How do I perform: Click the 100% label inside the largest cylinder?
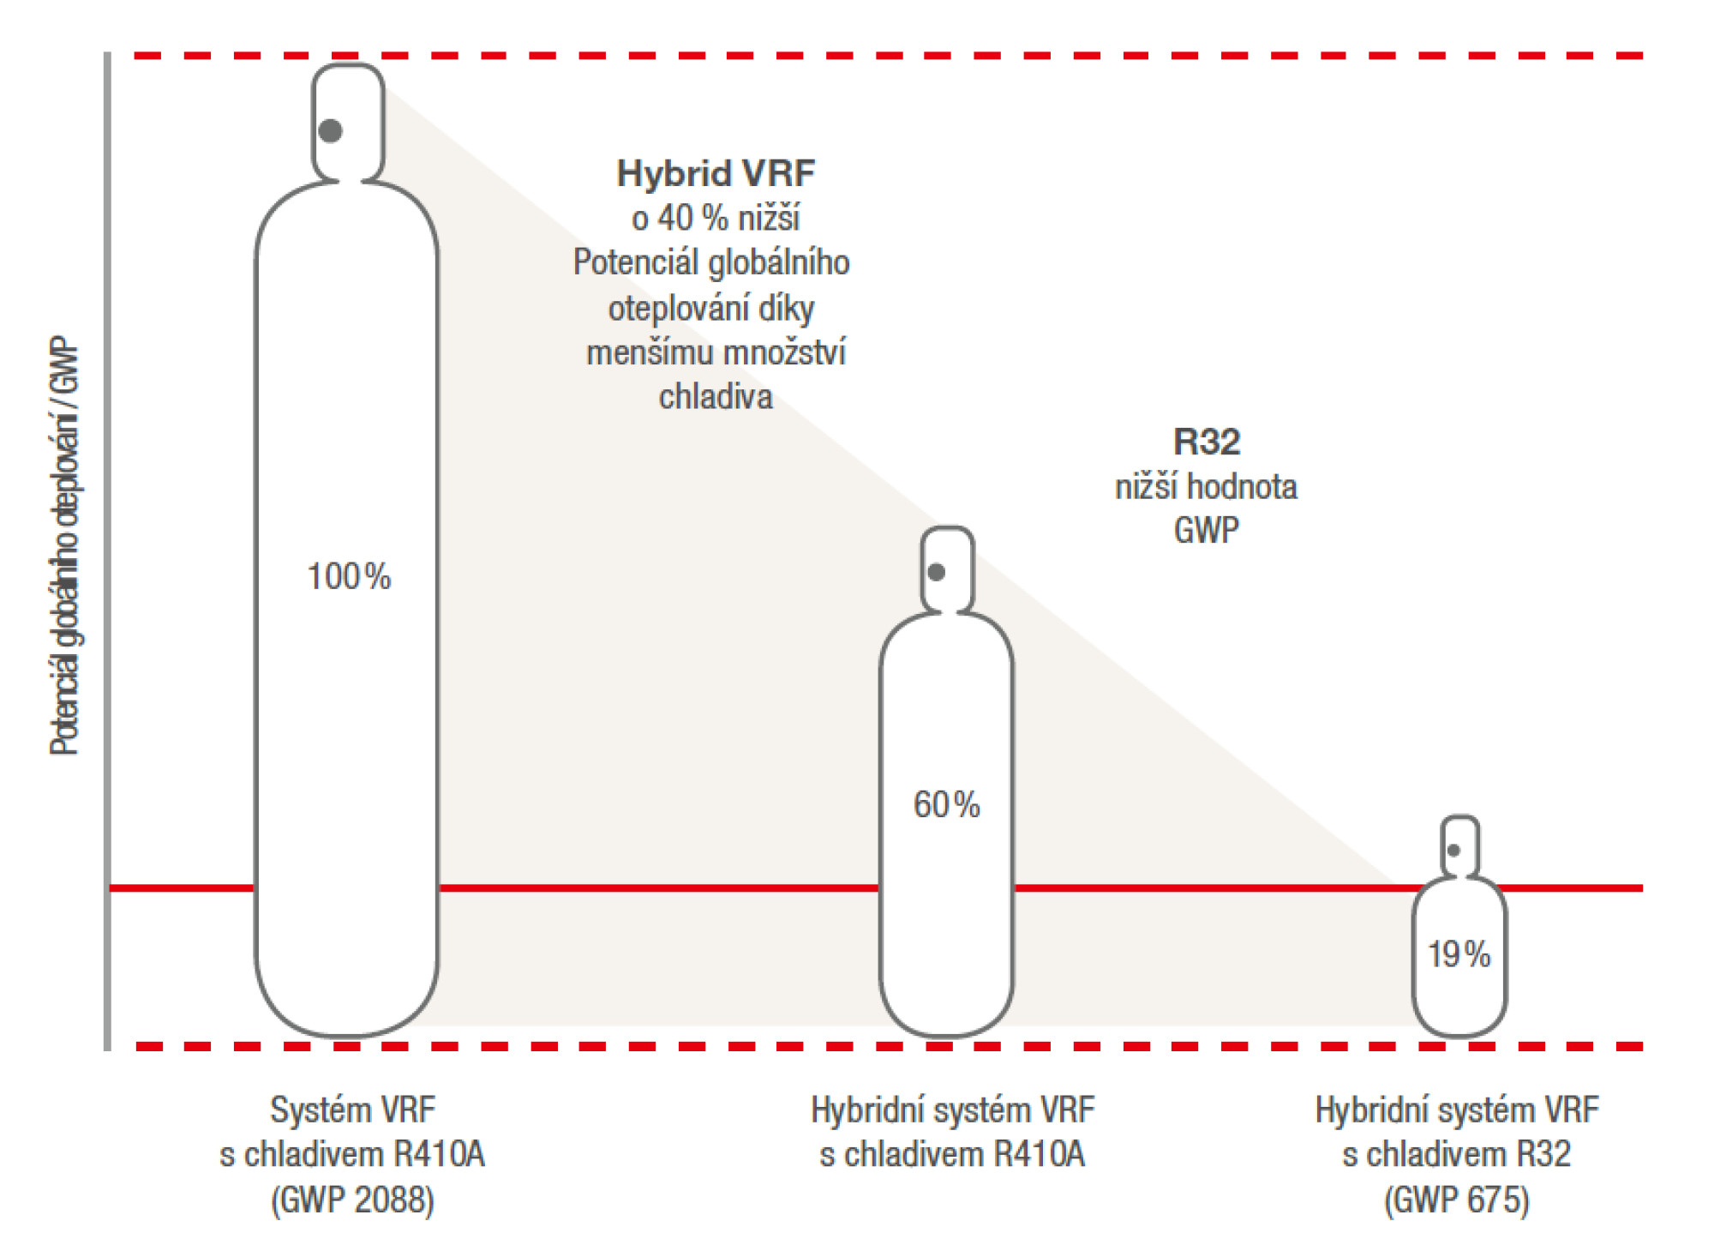pos(349,576)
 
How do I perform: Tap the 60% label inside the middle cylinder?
pos(946,804)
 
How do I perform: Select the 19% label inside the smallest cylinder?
pos(1459,953)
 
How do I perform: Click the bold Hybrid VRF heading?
pos(716,173)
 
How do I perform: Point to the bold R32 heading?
pos(1207,442)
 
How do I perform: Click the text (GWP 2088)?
pos(352,1200)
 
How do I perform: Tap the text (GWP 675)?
pos(1457,1200)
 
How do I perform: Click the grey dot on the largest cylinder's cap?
pos(331,130)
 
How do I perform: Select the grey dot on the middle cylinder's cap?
pos(937,572)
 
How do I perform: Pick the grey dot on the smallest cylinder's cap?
pos(1453,851)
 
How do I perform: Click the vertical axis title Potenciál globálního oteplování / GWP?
pos(65,545)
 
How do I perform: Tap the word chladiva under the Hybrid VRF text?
pos(716,397)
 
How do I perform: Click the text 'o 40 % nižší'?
pos(716,219)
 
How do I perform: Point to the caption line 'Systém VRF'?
pos(352,1110)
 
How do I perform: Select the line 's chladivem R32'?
pos(1457,1154)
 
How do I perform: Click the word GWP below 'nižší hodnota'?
pos(1206,530)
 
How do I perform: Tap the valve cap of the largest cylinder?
pos(347,122)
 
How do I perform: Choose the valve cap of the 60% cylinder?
pos(947,569)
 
